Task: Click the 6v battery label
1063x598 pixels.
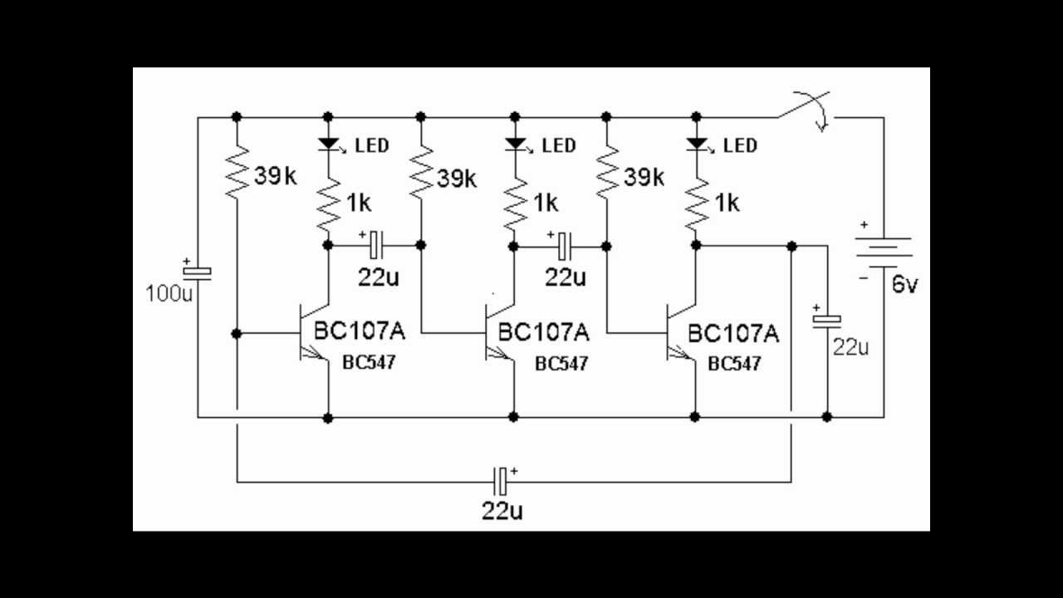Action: [905, 286]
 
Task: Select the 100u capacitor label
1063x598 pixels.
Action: [168, 293]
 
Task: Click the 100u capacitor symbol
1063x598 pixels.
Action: [198, 272]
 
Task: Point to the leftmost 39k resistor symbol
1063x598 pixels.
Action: [237, 172]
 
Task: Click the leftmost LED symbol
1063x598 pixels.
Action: [328, 145]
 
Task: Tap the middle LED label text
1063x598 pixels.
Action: [558, 146]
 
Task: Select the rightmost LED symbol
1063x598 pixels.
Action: [696, 145]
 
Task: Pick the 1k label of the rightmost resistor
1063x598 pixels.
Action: [727, 203]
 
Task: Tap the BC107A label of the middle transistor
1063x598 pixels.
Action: [544, 333]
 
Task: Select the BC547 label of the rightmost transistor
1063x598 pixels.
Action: [734, 364]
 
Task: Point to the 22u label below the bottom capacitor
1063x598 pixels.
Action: [502, 510]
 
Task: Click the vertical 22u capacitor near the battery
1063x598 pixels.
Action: [827, 319]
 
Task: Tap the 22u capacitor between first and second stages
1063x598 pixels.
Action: [375, 244]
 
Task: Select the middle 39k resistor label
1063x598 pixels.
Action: [457, 178]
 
